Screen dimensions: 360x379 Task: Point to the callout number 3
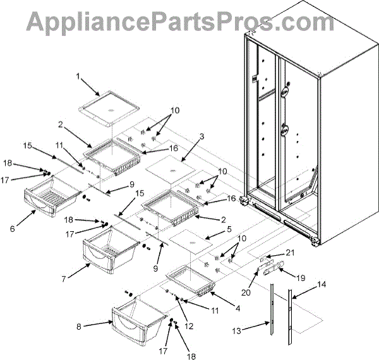point(202,136)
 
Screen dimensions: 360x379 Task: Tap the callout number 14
point(322,285)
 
